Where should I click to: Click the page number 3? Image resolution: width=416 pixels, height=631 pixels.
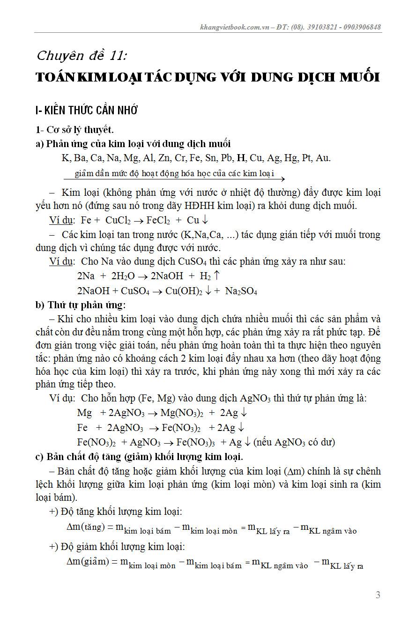point(378,595)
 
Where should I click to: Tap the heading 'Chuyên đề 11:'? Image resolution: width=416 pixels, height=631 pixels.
point(82,56)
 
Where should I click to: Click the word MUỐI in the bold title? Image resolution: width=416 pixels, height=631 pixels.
point(357,77)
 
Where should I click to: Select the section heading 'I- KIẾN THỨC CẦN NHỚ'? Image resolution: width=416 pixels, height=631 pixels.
point(87,111)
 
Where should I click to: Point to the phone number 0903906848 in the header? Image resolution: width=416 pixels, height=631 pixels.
point(359,27)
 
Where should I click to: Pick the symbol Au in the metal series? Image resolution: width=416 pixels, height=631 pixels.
point(323,158)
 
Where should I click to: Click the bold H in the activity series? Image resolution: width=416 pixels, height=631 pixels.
point(241,158)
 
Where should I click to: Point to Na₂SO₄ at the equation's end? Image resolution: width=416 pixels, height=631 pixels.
point(241,291)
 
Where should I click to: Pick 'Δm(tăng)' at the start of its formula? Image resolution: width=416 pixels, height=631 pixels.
point(86,527)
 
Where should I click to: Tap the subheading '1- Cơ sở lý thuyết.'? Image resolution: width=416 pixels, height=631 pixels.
point(74,130)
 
